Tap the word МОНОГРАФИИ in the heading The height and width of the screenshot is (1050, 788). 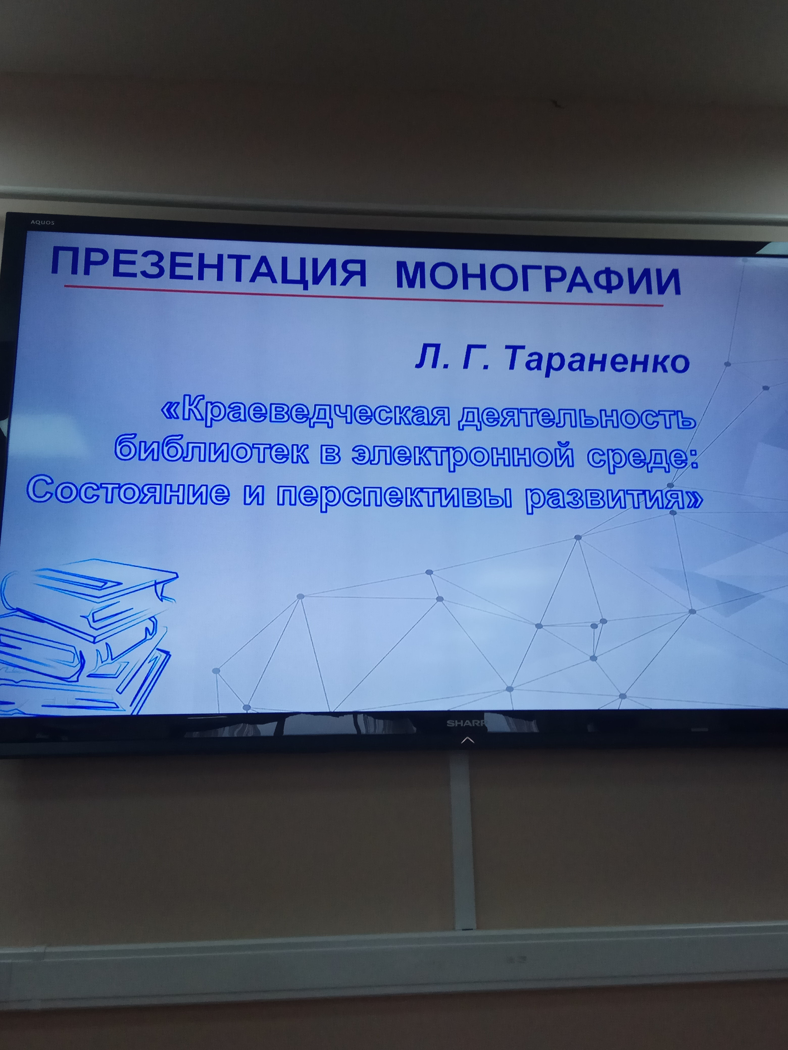click(538, 280)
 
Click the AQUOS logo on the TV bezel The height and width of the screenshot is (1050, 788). click(43, 223)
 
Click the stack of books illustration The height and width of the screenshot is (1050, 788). click(86, 636)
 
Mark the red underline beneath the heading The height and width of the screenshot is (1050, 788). click(363, 296)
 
